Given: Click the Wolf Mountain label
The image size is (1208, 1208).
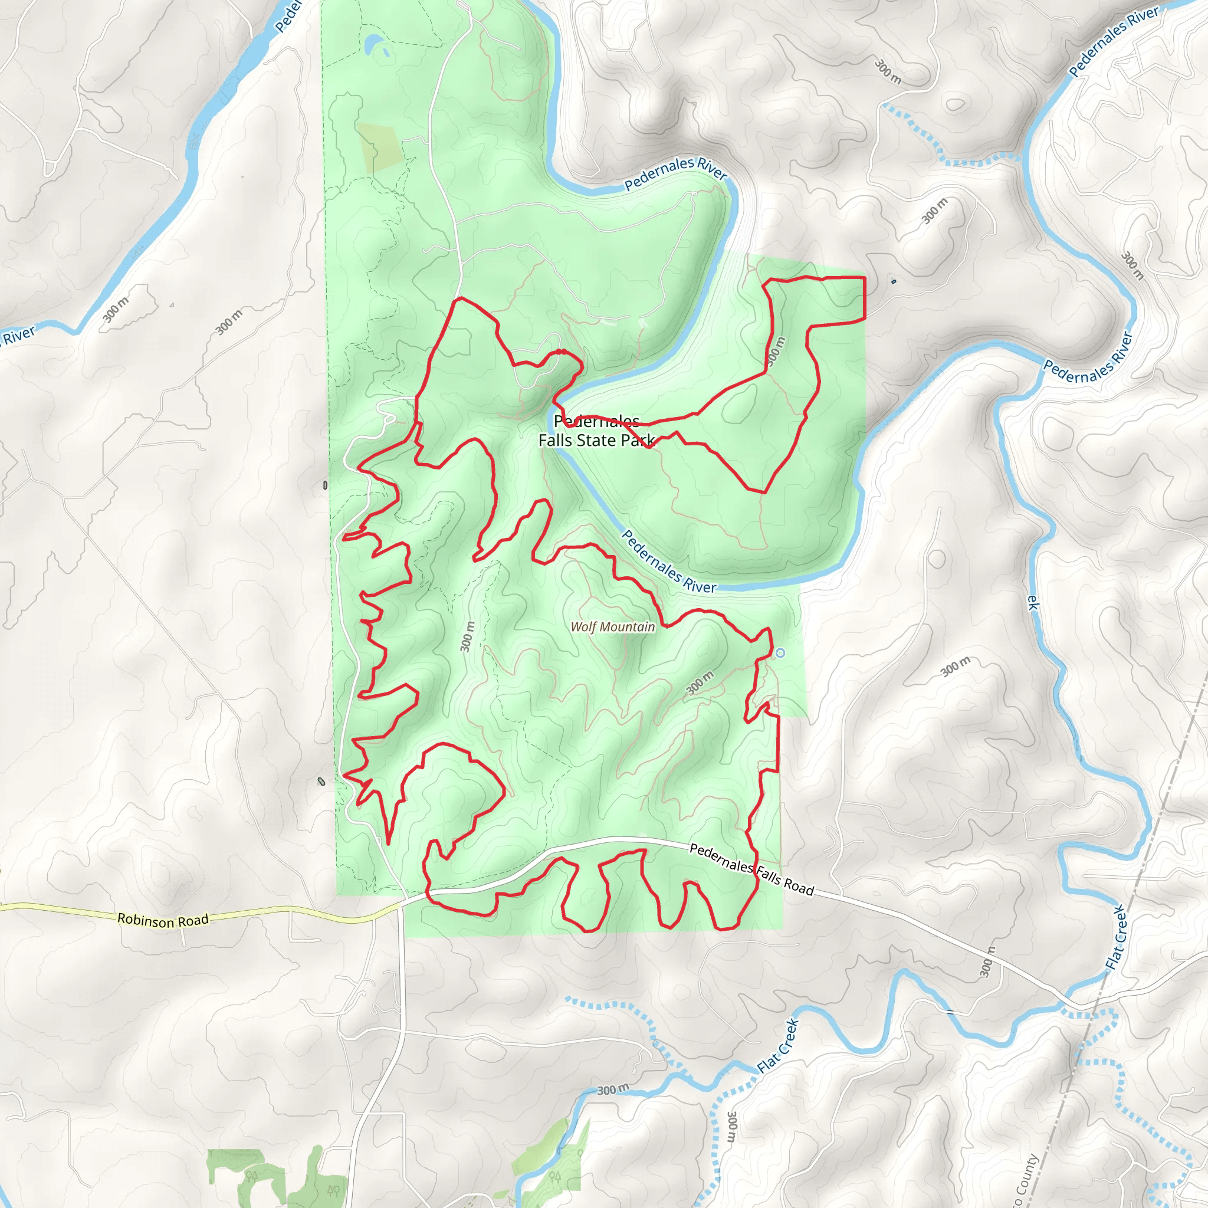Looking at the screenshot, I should tap(613, 626).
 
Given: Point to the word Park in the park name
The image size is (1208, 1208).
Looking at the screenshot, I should tap(638, 440).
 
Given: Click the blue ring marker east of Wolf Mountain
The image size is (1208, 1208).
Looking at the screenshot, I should tap(780, 653).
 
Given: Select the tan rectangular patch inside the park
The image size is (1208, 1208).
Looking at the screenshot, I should tap(379, 147).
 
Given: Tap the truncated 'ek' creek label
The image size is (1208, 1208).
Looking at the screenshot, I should tap(1032, 602).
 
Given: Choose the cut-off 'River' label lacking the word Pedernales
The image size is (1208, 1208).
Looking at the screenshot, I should tap(19, 335).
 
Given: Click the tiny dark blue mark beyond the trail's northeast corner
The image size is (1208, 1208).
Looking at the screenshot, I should tap(894, 281).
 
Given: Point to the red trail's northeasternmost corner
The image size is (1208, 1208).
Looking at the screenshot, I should tap(865, 278).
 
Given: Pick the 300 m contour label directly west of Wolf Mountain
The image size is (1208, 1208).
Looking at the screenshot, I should tap(468, 636).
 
